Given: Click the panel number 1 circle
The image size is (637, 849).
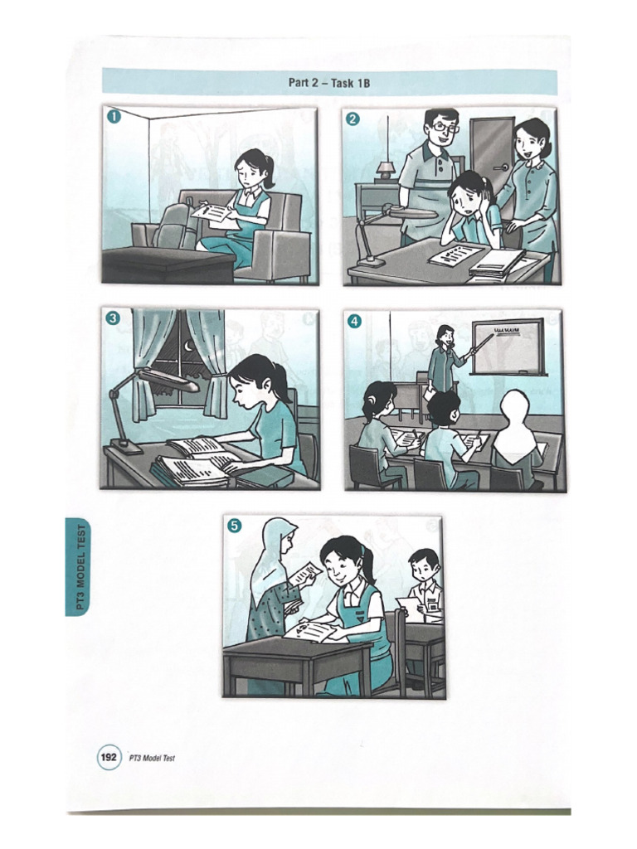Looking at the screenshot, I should [114, 117].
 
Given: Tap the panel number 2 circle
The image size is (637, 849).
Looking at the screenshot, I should [353, 119].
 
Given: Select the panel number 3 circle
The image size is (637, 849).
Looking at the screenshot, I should [114, 317].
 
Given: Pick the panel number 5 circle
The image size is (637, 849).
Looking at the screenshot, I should [235, 525].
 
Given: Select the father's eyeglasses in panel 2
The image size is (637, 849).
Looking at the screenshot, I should [443, 128].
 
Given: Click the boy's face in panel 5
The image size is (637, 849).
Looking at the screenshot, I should [423, 570].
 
